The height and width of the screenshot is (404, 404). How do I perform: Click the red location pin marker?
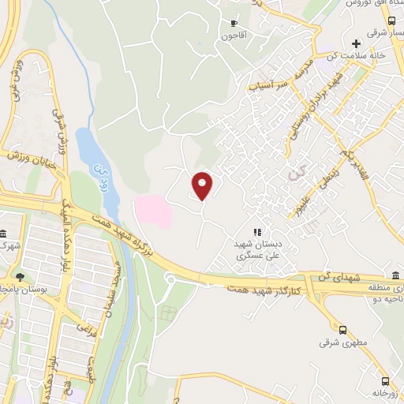(203, 185)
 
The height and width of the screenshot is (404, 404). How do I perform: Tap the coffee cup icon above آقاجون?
(234, 24)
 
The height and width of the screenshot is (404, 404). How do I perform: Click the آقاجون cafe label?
(234, 36)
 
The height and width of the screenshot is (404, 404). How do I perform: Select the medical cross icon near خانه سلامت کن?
(356, 43)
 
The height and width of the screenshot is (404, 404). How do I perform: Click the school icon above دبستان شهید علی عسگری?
(256, 232)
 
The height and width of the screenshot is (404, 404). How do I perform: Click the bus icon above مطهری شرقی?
(342, 331)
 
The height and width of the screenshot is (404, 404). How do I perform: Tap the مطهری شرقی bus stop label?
(335, 343)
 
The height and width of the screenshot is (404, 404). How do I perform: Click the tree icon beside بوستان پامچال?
(20, 277)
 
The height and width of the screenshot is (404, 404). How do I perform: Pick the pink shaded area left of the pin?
(153, 211)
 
